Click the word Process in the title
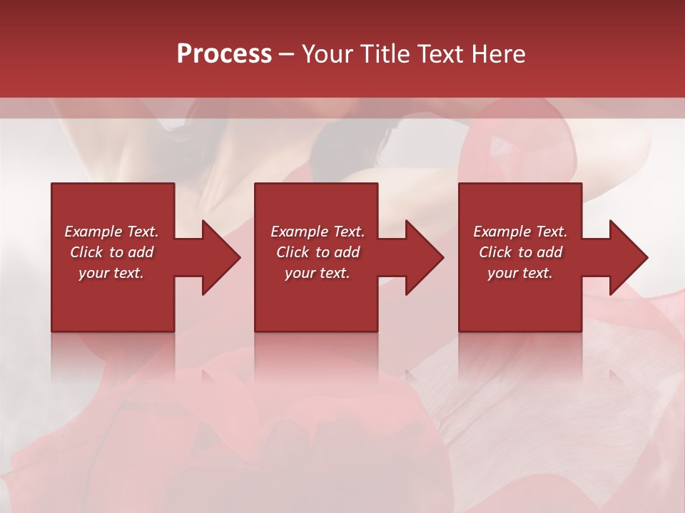pyautogui.click(x=224, y=54)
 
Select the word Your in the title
pyautogui.click(x=328, y=54)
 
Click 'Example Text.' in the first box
pyautogui.click(x=111, y=232)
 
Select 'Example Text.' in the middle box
pyautogui.click(x=318, y=232)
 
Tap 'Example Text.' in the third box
pyautogui.click(x=520, y=232)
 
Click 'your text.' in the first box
pyautogui.click(x=111, y=273)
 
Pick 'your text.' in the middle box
pyautogui.click(x=318, y=273)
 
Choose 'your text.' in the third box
pyautogui.click(x=520, y=273)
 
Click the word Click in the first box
pyautogui.click(x=86, y=252)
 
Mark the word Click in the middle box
pyautogui.click(x=293, y=252)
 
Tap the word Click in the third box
pyautogui.click(x=495, y=252)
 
